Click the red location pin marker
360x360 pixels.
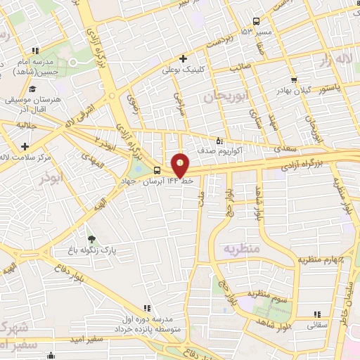[181, 165]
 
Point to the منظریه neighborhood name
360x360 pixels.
[241, 249]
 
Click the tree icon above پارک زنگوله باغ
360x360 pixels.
[89, 240]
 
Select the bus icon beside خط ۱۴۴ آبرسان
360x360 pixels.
[156, 170]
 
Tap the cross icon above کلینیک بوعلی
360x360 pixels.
[183, 59]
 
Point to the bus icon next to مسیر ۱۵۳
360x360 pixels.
[256, 21]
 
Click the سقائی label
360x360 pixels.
[316, 326]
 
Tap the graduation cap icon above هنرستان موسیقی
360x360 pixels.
[32, 89]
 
